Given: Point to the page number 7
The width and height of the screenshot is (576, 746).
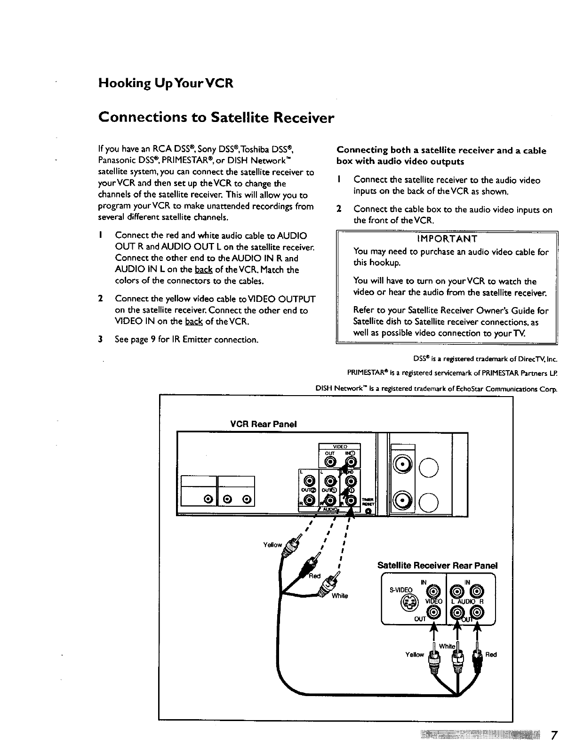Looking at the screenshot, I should [554, 735].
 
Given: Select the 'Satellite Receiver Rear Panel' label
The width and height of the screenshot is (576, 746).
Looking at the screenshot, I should [437, 565].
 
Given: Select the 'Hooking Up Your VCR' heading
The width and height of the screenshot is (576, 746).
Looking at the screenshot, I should [166, 84].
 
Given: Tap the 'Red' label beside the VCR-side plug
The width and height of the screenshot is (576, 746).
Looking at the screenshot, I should [314, 576].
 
